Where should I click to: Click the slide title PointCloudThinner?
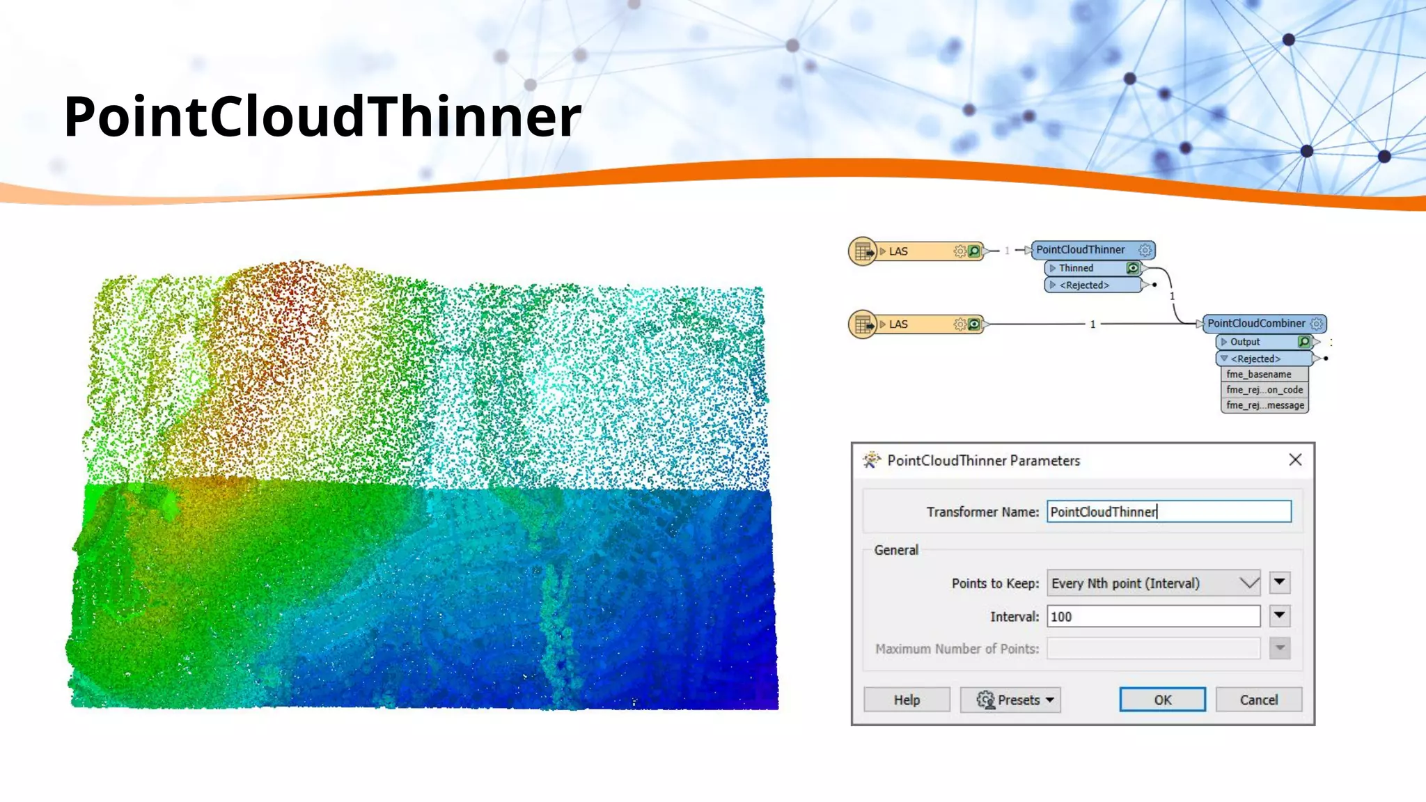tap(322, 116)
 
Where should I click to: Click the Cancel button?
tap(1258, 700)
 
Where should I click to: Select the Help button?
tap(907, 700)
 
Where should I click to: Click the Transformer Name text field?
tap(1168, 512)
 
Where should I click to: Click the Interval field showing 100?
tap(1153, 616)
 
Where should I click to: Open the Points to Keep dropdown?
tap(1153, 583)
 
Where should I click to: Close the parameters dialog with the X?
tap(1295, 459)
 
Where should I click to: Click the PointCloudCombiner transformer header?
tap(1256, 324)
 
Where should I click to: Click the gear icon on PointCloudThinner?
tap(1145, 250)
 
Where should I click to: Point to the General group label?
tap(896, 550)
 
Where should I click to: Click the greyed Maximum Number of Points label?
tap(957, 649)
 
